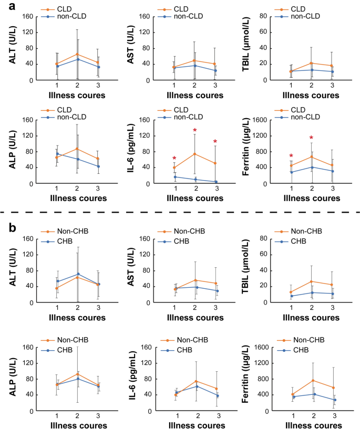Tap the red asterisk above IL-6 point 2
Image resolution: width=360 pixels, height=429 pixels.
coord(195,131)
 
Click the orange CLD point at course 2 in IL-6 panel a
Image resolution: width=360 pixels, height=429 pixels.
coord(195,154)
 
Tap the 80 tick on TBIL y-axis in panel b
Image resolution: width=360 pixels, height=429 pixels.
coord(272,239)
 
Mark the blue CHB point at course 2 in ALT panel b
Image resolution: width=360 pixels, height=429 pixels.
coord(78,274)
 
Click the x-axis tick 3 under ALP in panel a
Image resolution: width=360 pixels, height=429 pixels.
coord(98,189)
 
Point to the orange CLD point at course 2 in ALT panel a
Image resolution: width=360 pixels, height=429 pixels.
coord(78,54)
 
